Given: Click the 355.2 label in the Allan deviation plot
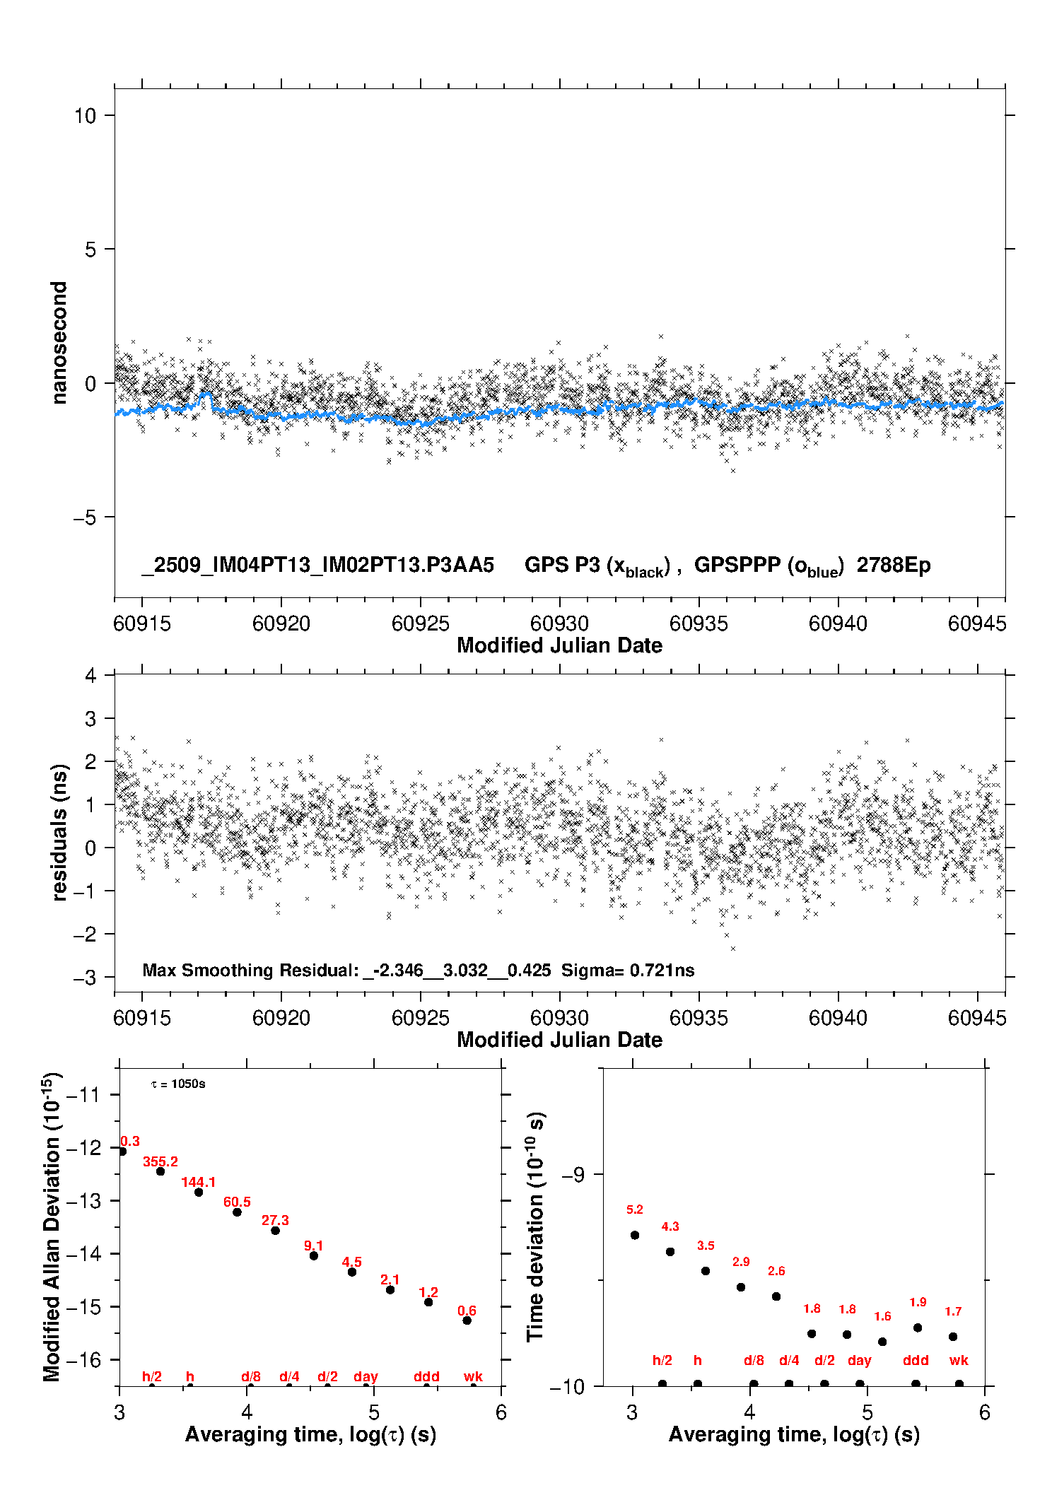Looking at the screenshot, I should (160, 1161).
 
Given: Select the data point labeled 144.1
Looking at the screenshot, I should (199, 1192).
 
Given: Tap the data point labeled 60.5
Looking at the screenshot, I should (237, 1212).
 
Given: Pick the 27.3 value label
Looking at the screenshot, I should (275, 1220).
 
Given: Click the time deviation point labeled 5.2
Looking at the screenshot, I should (635, 1235).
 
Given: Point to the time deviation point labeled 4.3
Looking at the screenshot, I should (670, 1251).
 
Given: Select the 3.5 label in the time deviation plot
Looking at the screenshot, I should (706, 1246).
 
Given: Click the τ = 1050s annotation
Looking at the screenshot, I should (178, 1084).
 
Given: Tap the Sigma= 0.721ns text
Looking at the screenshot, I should (628, 970).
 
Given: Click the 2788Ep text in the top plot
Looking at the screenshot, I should (894, 565).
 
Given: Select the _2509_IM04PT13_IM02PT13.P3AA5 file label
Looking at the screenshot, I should (317, 565).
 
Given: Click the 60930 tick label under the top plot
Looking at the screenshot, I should (559, 623).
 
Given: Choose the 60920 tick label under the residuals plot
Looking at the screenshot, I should (281, 1018).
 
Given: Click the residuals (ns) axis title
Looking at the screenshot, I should (60, 832).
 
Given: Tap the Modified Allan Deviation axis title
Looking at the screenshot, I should (52, 1226).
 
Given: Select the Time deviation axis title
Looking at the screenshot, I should (536, 1226).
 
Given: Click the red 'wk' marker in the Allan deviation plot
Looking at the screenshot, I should (473, 1376).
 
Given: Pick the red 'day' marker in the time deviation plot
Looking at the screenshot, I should (859, 1360).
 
